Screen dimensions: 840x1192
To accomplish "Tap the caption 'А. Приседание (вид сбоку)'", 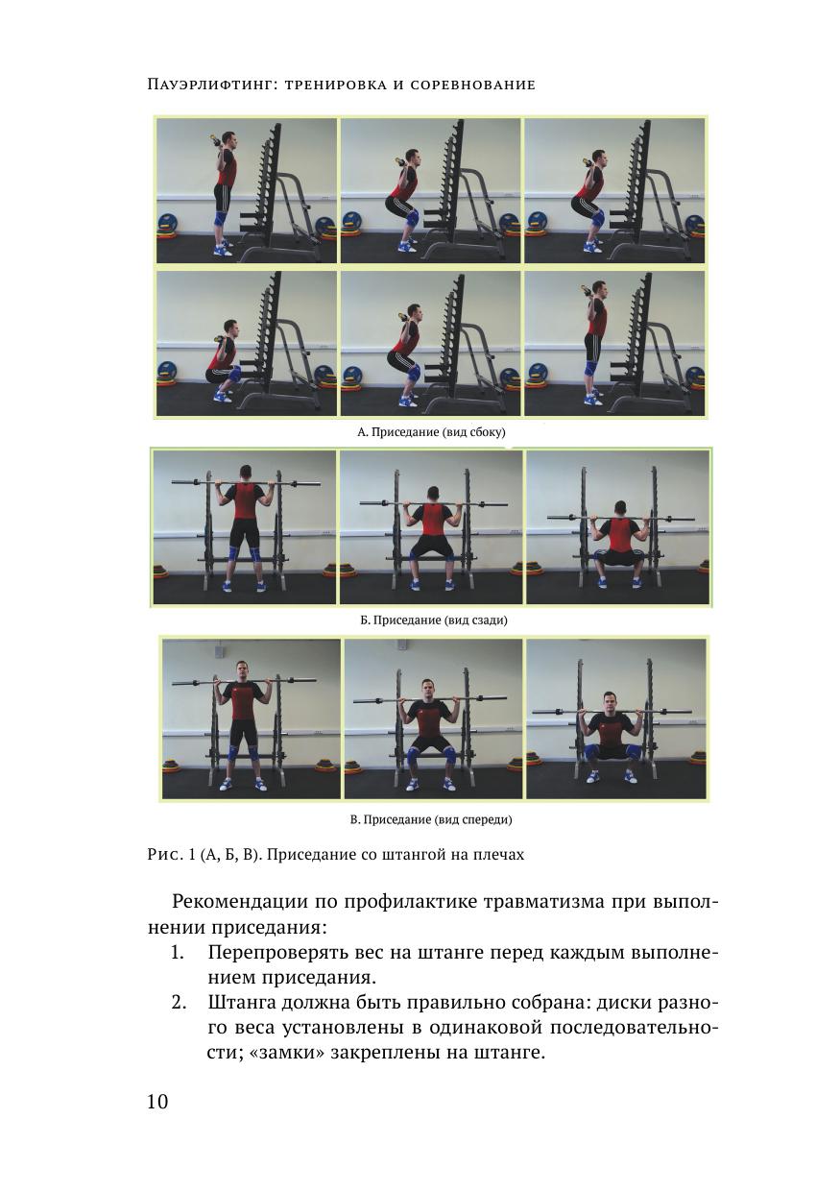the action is click(x=431, y=431).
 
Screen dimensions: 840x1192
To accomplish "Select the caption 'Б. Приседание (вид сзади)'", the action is click(x=434, y=620).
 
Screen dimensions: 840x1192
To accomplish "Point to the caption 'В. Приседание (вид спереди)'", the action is click(x=431, y=819).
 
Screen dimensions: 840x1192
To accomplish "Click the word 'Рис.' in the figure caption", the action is click(x=165, y=855).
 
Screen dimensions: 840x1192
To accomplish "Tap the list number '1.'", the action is click(x=178, y=953).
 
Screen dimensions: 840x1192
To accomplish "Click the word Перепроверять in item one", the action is click(x=277, y=953).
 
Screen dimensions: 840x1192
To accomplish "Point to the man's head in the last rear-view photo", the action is click(x=620, y=509).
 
